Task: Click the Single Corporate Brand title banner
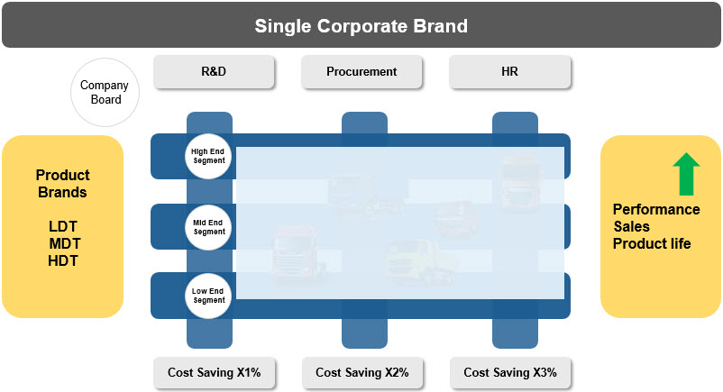point(361,25)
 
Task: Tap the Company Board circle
point(105,92)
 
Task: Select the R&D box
point(214,71)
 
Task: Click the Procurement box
point(361,71)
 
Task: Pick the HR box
point(510,71)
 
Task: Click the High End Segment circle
point(208,156)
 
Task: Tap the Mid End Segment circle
point(208,227)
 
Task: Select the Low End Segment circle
point(208,296)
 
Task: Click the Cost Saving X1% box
point(215,372)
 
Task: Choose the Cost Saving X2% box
point(362,372)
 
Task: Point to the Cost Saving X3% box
point(510,372)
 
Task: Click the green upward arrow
point(686,174)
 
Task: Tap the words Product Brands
point(63,184)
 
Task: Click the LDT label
point(63,226)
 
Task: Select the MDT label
point(65,243)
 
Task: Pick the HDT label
point(63,260)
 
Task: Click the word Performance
point(656,209)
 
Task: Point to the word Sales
point(631,226)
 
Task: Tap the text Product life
point(652,243)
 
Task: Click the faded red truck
point(456,220)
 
